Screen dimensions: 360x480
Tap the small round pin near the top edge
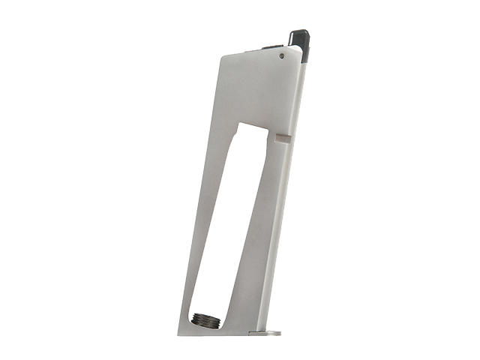click(281, 55)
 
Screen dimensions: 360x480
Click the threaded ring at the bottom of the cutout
click(203, 318)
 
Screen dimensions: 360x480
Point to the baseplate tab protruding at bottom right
click(269, 332)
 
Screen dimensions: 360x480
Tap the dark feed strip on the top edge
click(265, 49)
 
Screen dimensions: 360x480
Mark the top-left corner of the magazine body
click(223, 58)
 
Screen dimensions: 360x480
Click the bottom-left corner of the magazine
click(179, 333)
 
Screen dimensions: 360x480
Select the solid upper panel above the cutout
click(259, 90)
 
